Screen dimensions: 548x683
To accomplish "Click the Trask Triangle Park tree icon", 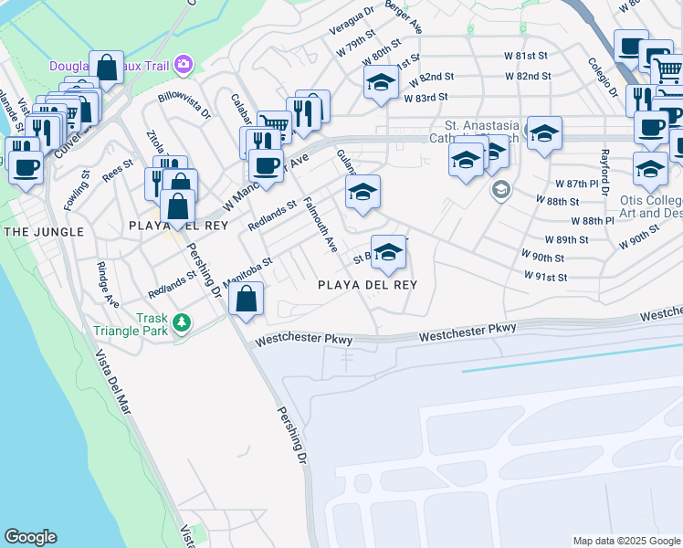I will tap(183, 322).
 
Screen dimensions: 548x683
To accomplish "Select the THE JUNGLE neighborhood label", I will tap(44, 232).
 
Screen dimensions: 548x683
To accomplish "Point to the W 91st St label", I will tap(546, 277).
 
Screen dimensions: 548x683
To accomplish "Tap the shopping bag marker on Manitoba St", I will tap(247, 298).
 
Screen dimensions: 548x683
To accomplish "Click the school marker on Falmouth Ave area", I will tap(363, 192).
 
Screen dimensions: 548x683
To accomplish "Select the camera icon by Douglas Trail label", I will tap(184, 64).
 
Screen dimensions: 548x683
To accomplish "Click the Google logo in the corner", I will tap(30, 537).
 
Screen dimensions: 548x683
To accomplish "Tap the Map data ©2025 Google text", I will tap(626, 541).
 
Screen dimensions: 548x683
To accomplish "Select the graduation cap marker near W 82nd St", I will tap(381, 82).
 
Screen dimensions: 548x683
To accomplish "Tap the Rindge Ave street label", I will tap(108, 286).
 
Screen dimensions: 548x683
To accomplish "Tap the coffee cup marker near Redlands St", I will tap(265, 166).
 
